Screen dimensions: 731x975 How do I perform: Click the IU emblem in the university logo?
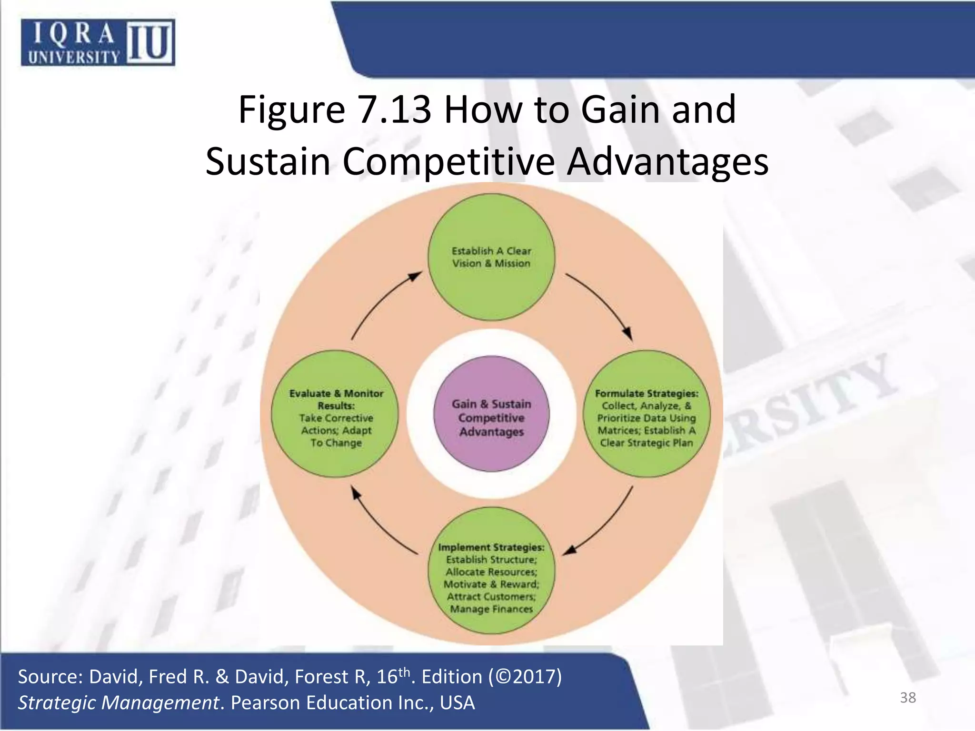(149, 43)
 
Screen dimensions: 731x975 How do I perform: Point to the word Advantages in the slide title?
(667, 162)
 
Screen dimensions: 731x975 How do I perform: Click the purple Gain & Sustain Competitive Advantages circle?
(491, 414)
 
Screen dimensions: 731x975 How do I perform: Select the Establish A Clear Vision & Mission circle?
(491, 257)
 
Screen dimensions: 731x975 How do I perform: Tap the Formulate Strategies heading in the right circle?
(647, 394)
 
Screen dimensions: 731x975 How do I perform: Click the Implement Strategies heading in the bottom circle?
(491, 547)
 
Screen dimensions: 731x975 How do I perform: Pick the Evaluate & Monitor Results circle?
(336, 414)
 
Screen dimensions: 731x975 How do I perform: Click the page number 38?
(907, 698)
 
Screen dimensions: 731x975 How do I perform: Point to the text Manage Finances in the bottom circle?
(491, 609)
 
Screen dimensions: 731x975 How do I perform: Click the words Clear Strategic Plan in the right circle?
(647, 443)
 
